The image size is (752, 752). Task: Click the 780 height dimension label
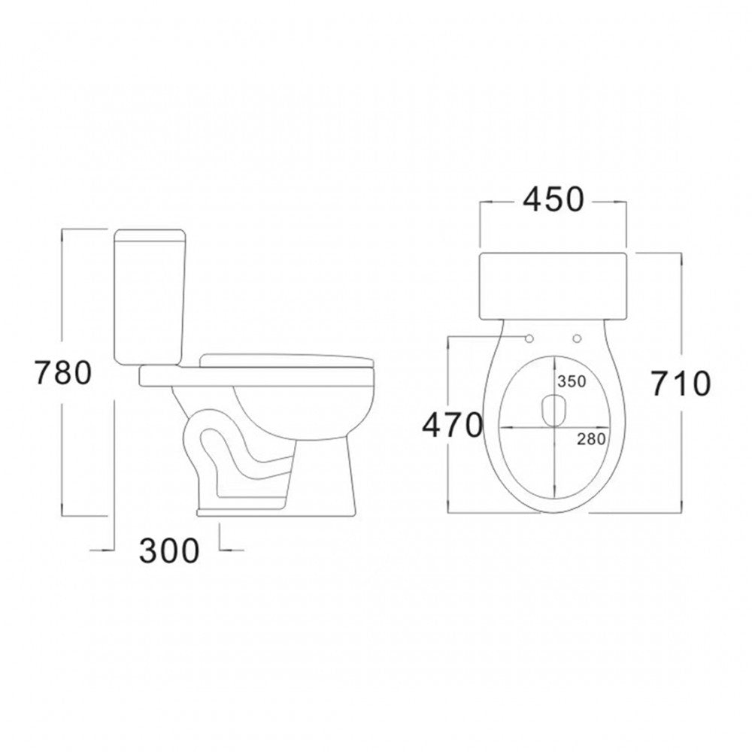point(63,373)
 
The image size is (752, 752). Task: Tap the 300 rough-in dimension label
point(169,551)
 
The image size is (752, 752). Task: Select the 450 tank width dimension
point(553,200)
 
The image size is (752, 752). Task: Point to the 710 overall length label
point(681,384)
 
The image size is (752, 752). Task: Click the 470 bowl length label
point(451,426)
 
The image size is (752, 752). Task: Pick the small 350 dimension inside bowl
point(571,382)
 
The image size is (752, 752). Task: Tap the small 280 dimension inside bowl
point(591,439)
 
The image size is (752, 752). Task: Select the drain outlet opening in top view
point(553,408)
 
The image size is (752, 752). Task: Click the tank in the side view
point(149,301)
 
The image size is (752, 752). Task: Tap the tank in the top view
point(553,286)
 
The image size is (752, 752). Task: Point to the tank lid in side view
point(149,235)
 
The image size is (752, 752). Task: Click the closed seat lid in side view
point(290,359)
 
